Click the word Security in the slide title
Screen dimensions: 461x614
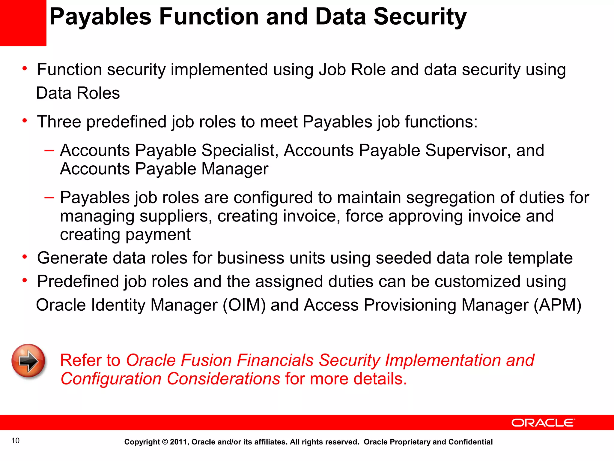pos(420,17)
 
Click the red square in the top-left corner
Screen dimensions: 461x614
pos(23,23)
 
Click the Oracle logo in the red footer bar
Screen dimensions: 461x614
pos(543,423)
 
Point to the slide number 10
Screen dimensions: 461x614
pos(15,441)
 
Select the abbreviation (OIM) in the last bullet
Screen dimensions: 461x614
pos(244,305)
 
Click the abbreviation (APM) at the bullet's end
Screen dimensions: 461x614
pos(557,305)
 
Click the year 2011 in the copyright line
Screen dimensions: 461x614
pos(179,442)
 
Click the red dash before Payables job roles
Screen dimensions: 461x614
pos(49,197)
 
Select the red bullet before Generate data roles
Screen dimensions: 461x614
pos(25,257)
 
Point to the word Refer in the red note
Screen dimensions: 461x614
pos(81,360)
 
